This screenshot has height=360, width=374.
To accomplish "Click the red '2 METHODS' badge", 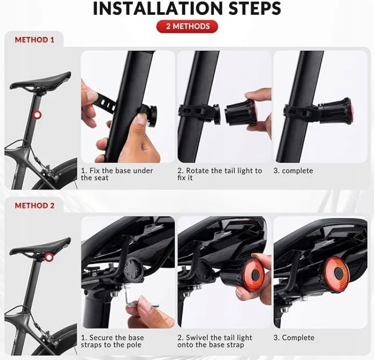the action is [187, 26].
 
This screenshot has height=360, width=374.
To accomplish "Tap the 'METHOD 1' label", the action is [34, 40].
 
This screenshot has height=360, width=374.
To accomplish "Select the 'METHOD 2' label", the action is [34, 206].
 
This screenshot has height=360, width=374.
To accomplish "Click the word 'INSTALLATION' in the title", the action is [158, 8].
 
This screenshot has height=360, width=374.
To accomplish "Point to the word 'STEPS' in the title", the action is [255, 8].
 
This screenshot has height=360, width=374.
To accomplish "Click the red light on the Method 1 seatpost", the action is [37, 115].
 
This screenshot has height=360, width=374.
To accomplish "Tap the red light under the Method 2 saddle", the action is [49, 257].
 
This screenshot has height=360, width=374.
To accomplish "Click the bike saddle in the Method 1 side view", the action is [41, 81].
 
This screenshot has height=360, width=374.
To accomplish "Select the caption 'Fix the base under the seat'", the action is [117, 174].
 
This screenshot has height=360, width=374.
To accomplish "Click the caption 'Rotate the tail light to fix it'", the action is [219, 174].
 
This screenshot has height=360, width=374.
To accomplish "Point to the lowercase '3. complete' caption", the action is [293, 171].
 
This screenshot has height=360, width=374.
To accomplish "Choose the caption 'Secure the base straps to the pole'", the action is [113, 341].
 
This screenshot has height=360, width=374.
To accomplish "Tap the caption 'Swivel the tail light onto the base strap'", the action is [215, 341].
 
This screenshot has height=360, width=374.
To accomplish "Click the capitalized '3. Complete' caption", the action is [294, 338].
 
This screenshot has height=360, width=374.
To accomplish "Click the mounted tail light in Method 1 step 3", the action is [335, 110].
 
